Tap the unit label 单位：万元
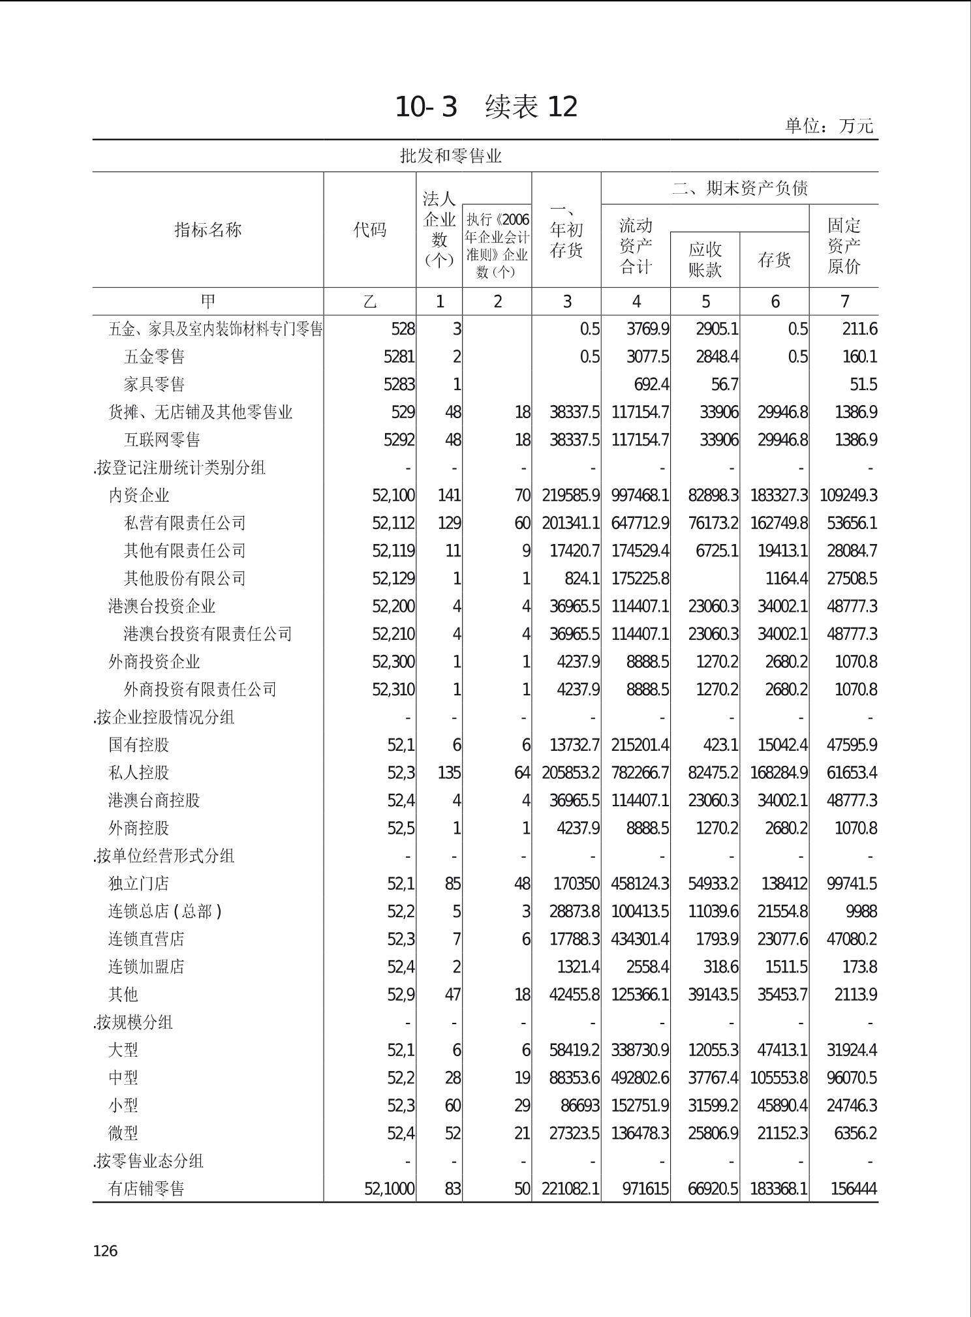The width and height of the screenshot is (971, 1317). (x=828, y=126)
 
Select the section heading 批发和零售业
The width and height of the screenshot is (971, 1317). (x=450, y=156)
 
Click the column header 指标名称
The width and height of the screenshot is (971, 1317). (x=208, y=230)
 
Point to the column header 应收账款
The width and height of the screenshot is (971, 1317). (x=705, y=260)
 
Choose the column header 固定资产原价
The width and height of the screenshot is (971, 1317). (x=844, y=246)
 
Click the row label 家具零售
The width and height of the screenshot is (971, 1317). (x=154, y=384)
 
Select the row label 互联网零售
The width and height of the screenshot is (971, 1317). (x=162, y=440)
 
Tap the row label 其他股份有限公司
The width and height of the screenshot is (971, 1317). (x=185, y=579)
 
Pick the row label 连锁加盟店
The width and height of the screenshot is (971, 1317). (x=146, y=967)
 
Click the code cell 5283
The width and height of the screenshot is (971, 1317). (x=399, y=384)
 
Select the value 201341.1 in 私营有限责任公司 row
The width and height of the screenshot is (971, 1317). (x=570, y=523)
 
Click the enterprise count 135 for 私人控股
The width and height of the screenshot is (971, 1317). (x=449, y=773)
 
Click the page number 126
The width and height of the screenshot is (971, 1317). (x=106, y=1250)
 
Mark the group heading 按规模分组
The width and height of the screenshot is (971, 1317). (x=133, y=1022)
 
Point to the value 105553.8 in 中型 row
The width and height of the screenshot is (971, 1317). (x=778, y=1078)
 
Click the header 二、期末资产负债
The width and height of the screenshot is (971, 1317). (x=739, y=189)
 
